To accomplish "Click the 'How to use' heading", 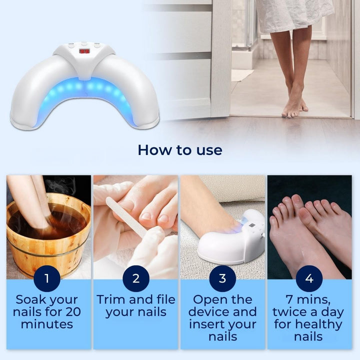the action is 180,150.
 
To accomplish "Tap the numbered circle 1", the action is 47,278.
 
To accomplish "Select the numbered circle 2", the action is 136,278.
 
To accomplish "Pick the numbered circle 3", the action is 222,278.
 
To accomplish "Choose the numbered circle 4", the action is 309,278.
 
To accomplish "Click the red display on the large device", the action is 84,51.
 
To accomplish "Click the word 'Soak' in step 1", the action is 30,299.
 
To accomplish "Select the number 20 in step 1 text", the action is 73,312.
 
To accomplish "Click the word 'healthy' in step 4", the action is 318,324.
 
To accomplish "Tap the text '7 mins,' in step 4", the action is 308,300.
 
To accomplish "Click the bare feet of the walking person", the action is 294,108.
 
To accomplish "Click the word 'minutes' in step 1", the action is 47,324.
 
